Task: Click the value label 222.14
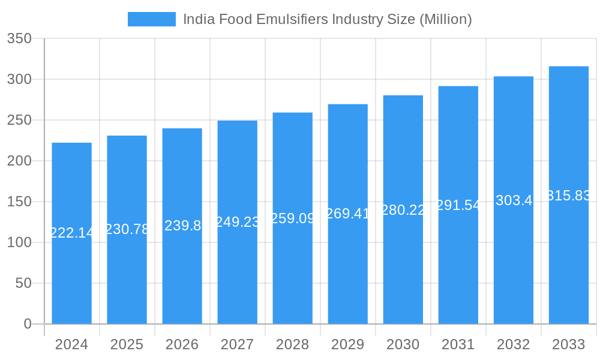tap(71, 233)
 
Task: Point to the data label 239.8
tap(182, 226)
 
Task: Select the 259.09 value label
tap(292, 218)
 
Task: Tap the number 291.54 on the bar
tap(458, 205)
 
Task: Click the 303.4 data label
tap(514, 200)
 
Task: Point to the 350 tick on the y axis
tap(19, 39)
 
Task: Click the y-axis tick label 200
tap(19, 161)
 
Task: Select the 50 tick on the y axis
tap(23, 283)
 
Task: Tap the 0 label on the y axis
tap(27, 324)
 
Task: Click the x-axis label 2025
tap(127, 344)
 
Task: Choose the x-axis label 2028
tap(292, 344)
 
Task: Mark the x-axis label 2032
tap(514, 344)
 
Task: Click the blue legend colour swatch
tap(152, 19)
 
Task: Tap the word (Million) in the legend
tap(445, 19)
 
